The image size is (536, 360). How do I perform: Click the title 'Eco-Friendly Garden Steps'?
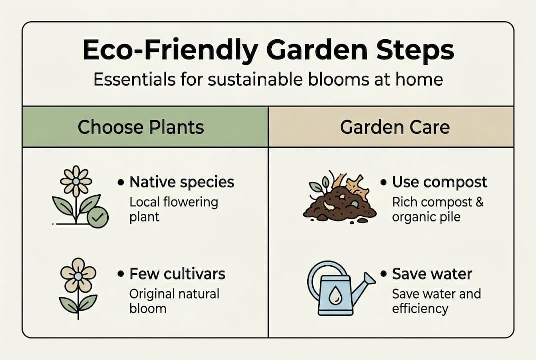(x=268, y=51)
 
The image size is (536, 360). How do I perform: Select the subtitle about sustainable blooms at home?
(x=268, y=79)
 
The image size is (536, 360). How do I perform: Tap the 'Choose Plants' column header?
(x=141, y=127)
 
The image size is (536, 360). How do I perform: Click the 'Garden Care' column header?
(x=395, y=127)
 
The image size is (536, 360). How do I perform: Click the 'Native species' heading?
(x=182, y=182)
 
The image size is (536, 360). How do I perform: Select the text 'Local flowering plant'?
(x=173, y=209)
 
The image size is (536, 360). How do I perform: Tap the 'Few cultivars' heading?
(x=177, y=274)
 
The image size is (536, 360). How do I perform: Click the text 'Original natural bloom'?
(x=174, y=301)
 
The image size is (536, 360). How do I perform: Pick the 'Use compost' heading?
(x=439, y=182)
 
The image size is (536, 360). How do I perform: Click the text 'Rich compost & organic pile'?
(x=438, y=210)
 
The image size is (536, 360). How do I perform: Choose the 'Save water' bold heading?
(x=432, y=274)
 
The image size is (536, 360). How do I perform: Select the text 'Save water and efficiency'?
(x=436, y=301)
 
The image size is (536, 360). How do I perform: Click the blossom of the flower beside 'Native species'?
(x=76, y=181)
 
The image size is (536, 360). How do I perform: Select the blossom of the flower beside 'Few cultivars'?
(x=78, y=275)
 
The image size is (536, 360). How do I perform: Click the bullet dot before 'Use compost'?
(x=384, y=183)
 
